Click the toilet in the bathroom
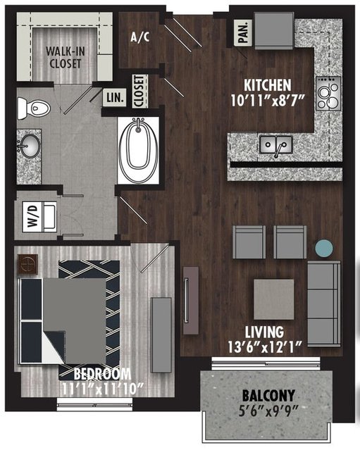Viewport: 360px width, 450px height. coord(34,108)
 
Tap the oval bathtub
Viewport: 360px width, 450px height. coord(139,150)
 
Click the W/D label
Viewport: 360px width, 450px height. coord(33,216)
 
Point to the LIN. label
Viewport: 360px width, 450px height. coord(115,98)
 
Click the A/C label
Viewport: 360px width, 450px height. coord(139,37)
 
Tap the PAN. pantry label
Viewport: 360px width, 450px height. coord(243,32)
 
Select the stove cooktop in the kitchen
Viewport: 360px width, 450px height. coord(328,94)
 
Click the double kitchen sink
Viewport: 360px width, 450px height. coord(276,145)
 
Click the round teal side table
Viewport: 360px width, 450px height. coord(324,249)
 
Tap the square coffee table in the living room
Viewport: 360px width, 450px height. coord(274,299)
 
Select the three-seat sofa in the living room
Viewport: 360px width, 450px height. coord(324,303)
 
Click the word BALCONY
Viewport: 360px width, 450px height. coord(268,396)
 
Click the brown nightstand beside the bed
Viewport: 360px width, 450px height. coord(28,264)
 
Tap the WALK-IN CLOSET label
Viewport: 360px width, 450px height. coord(66,58)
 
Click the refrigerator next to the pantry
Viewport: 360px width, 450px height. coord(274,30)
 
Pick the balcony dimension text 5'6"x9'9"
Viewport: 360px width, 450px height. coord(268,412)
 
